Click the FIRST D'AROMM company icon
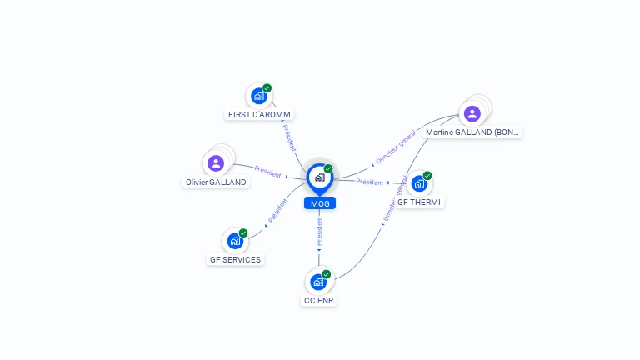[x=258, y=97]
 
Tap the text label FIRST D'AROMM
[x=260, y=114]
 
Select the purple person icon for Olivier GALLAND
[x=216, y=163]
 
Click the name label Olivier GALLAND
[x=216, y=182]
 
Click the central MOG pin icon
[x=319, y=177]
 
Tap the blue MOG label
[x=319, y=203]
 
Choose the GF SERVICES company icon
[x=235, y=242]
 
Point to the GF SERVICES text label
[x=235, y=259]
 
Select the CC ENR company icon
[x=318, y=282]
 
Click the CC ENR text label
[x=319, y=300]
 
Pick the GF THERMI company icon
[x=419, y=183]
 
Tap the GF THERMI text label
[x=419, y=202]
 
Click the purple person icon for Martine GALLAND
[x=472, y=113]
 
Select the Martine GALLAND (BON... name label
[x=472, y=132]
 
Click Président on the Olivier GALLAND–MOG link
[x=268, y=172]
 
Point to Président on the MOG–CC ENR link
[x=319, y=231]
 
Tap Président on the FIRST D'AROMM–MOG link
[x=288, y=137]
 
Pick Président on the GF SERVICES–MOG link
[x=277, y=212]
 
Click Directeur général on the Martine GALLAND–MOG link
[x=396, y=148]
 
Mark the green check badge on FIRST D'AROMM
[x=267, y=88]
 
